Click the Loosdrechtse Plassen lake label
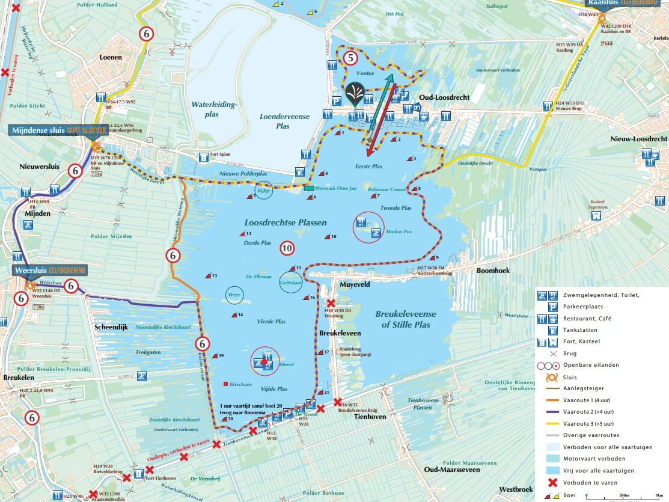(285, 222)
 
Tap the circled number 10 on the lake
(287, 248)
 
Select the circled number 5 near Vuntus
(351, 58)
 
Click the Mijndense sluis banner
(59, 130)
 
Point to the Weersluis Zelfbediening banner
(49, 270)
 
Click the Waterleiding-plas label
(215, 109)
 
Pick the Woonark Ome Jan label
(335, 189)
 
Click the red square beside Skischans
(225, 384)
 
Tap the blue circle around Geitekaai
(291, 283)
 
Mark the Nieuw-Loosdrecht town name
(638, 139)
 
